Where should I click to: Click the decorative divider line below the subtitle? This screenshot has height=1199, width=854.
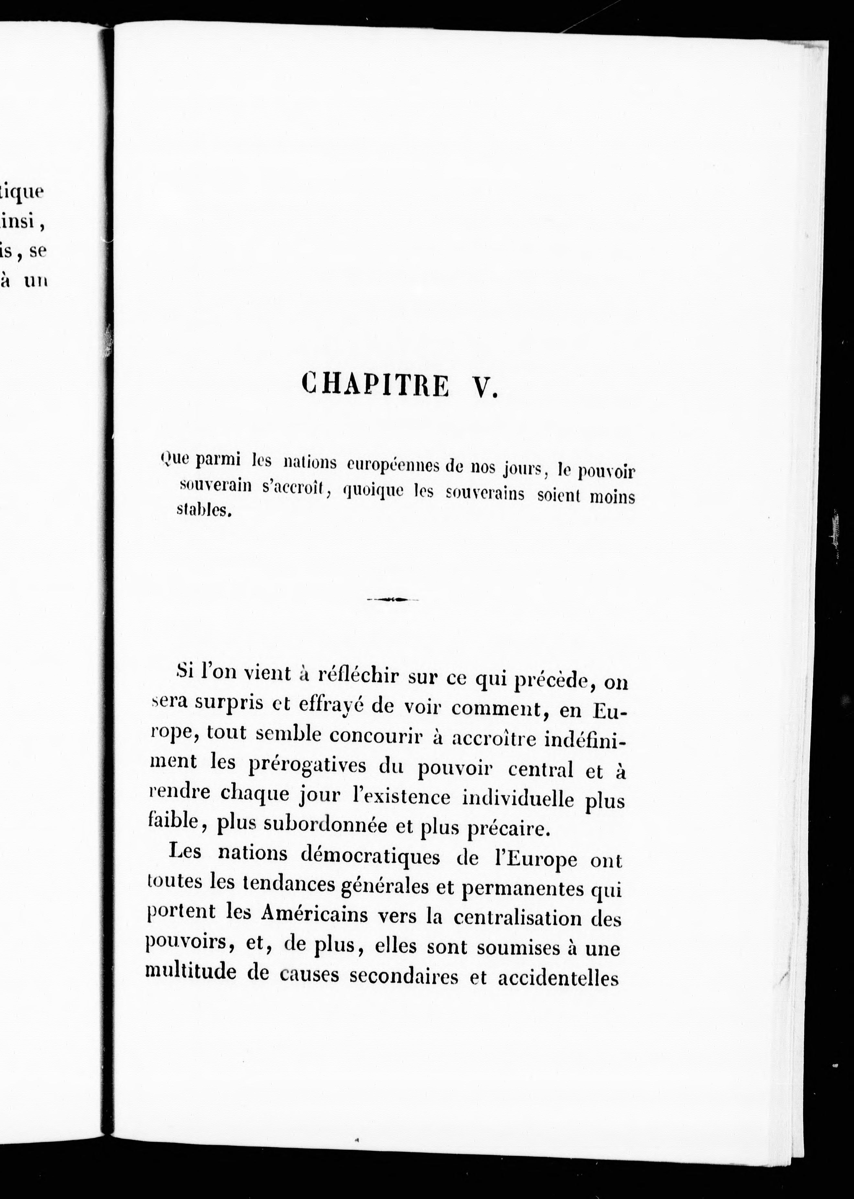point(392,599)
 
